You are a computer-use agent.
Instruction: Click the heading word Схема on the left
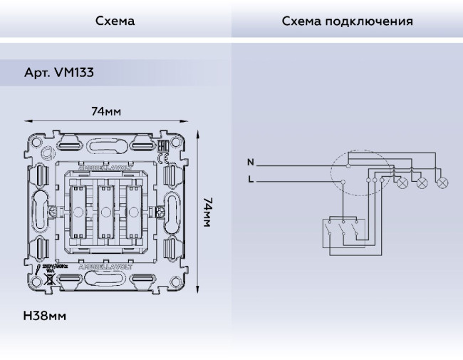115,21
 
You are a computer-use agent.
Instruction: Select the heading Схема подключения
347,21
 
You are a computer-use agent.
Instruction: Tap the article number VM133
59,73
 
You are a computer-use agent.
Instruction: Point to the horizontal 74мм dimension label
105,112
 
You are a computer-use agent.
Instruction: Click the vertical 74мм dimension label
207,212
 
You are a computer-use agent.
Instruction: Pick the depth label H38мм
45,316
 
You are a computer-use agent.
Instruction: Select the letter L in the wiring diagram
250,180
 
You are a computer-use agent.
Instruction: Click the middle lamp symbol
421,182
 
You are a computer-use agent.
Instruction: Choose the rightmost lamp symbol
442,182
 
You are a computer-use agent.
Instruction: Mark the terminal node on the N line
347,165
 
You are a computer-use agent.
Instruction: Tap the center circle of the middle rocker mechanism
105,212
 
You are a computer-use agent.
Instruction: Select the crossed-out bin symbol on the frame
50,279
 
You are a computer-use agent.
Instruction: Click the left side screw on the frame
56,212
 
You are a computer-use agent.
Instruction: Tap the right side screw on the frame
159,212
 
